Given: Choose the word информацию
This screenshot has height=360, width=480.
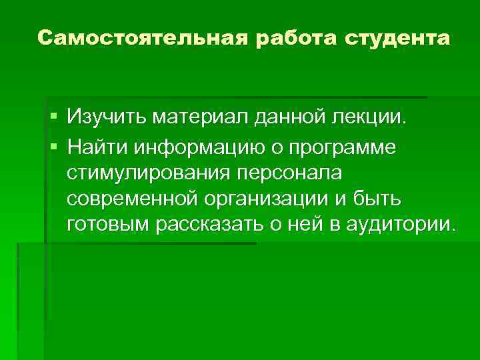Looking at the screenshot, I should [x=189, y=145].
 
